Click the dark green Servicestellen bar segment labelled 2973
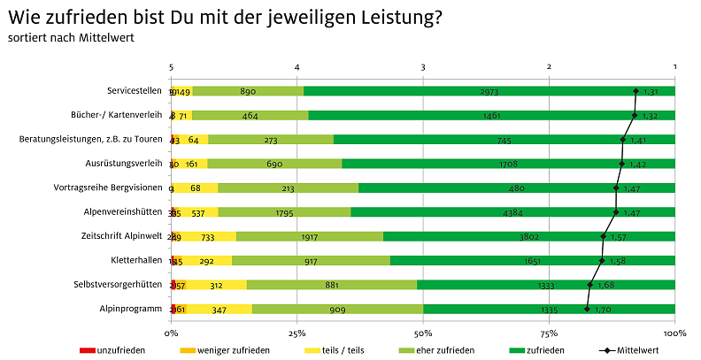pos(489,91)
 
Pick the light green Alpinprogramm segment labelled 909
pos(337,309)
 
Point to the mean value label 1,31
pos(651,91)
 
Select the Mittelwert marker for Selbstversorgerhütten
pos(590,285)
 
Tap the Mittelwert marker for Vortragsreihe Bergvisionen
pos(616,188)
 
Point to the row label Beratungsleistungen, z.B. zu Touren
pos(90,139)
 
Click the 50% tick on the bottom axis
pos(423,333)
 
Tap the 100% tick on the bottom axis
pos(674,333)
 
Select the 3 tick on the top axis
pos(423,67)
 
